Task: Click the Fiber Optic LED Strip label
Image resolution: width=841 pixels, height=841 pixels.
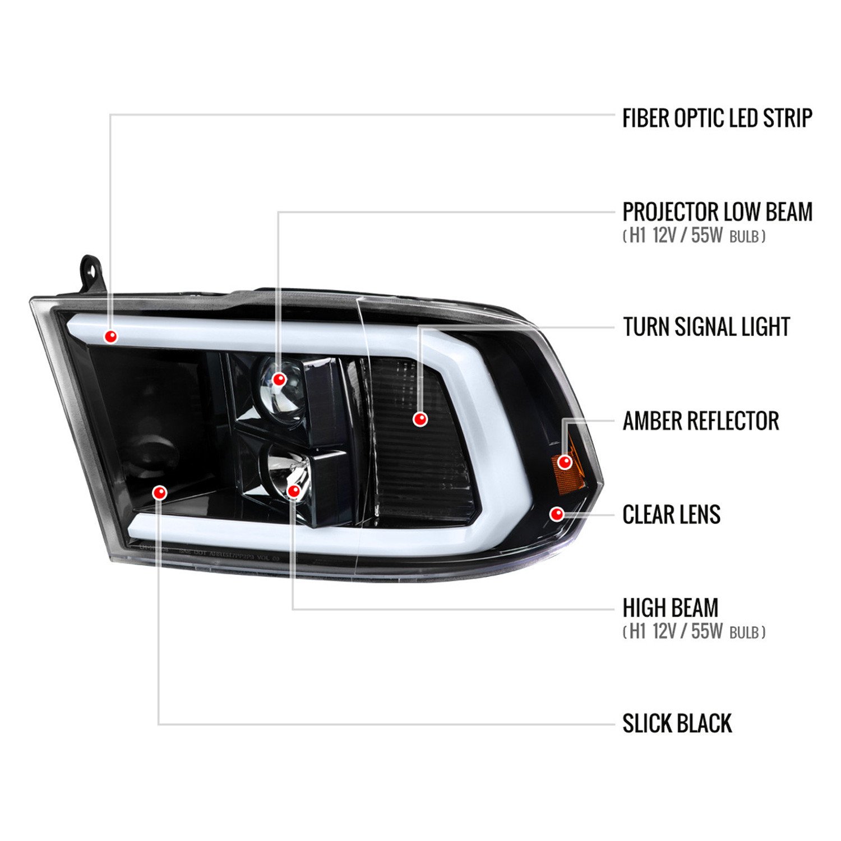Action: click(717, 118)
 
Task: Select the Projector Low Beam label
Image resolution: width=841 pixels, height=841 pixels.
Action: click(717, 212)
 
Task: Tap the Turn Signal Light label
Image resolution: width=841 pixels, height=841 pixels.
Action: click(706, 327)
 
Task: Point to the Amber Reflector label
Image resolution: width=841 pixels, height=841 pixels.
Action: click(701, 421)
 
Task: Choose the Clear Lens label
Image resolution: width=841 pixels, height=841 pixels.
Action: click(671, 515)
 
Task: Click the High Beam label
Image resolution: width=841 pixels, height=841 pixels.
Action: click(671, 608)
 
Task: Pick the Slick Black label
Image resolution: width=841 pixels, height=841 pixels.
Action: click(677, 723)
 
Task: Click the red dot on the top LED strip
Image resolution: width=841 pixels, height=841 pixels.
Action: click(111, 336)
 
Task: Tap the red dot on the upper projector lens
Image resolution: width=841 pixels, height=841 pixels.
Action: click(279, 380)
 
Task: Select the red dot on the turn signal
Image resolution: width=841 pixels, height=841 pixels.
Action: click(420, 418)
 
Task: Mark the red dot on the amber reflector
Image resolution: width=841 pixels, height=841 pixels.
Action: click(565, 462)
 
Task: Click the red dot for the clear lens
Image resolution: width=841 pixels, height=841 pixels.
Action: click(557, 514)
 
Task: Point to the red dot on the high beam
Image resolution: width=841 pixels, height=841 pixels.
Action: click(293, 491)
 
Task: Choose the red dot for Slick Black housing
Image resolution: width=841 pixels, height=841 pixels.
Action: click(160, 492)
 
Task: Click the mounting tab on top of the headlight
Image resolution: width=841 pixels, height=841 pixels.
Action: click(91, 274)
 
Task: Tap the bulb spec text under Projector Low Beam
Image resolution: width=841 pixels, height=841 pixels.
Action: click(694, 235)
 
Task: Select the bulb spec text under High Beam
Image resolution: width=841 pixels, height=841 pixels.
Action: click(694, 631)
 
